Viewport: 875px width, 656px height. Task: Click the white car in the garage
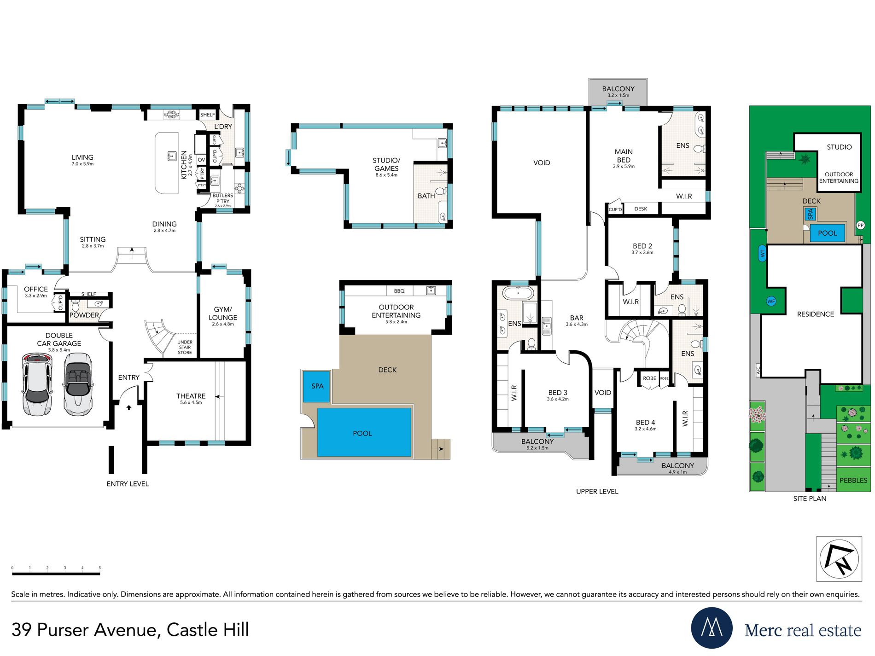(x=37, y=384)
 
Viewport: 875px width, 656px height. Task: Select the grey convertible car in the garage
(x=78, y=384)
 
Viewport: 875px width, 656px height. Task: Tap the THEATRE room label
(x=191, y=396)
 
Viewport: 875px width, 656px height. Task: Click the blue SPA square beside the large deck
(x=317, y=386)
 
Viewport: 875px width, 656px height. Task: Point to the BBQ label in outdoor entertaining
(x=399, y=291)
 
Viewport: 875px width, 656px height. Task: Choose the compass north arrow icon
(x=839, y=559)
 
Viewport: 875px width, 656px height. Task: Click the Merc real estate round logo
(x=712, y=628)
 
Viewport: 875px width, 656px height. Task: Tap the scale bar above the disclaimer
(x=56, y=574)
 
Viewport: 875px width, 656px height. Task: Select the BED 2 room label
(x=642, y=246)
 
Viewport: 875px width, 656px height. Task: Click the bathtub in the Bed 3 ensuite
(x=518, y=293)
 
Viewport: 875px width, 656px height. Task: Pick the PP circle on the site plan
(x=860, y=225)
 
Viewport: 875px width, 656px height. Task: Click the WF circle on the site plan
(x=771, y=301)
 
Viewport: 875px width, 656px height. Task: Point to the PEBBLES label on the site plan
(x=853, y=480)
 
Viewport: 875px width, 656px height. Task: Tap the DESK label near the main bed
(x=641, y=209)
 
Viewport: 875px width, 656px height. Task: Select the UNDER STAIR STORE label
(x=185, y=348)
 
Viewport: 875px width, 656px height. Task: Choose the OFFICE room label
(x=36, y=289)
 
